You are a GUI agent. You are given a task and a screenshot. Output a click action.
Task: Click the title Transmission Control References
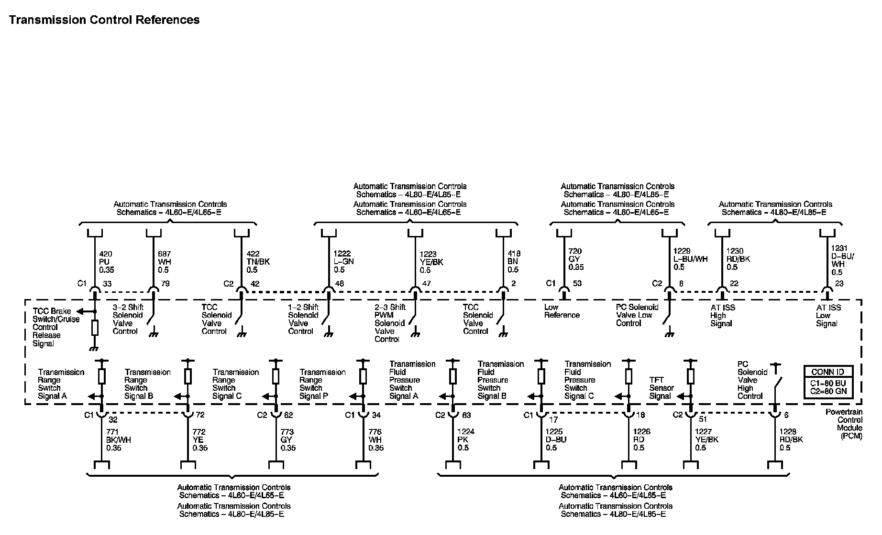click(x=104, y=20)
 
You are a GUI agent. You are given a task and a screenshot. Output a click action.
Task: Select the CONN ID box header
click(x=827, y=372)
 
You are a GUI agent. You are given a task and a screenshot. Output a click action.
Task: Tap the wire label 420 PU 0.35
click(x=107, y=262)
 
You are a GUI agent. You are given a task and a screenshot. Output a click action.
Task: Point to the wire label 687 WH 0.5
click(x=165, y=262)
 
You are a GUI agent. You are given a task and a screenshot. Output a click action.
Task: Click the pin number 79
click(x=165, y=284)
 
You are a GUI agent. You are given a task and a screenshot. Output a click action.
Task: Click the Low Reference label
click(x=562, y=311)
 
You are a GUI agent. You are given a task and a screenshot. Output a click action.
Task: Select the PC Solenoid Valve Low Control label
click(x=637, y=315)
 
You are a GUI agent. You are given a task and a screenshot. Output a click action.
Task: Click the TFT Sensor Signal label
click(x=661, y=388)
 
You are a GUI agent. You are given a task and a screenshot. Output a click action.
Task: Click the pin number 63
click(x=467, y=416)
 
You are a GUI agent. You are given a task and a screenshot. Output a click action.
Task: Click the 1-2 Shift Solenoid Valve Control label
click(x=303, y=319)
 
